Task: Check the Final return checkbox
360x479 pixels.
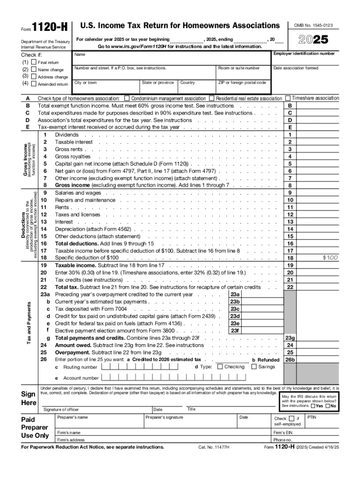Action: pos(34,62)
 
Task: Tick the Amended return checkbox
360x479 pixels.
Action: pos(34,84)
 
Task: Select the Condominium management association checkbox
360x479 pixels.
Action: pos(127,99)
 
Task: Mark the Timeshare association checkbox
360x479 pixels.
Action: pos(288,98)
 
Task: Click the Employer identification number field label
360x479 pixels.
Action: pos(304,54)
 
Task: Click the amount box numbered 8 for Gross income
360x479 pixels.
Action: pos(290,185)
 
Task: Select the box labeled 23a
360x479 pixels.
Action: pos(235,295)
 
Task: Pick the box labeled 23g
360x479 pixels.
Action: pos(290,338)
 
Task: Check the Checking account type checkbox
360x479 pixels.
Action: pos(220,367)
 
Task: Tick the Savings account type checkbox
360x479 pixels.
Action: pos(254,367)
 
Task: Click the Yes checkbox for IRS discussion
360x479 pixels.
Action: pos(313,406)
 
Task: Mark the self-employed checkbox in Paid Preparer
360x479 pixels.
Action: pos(291,418)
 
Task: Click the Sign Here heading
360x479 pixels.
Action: pos(29,398)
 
